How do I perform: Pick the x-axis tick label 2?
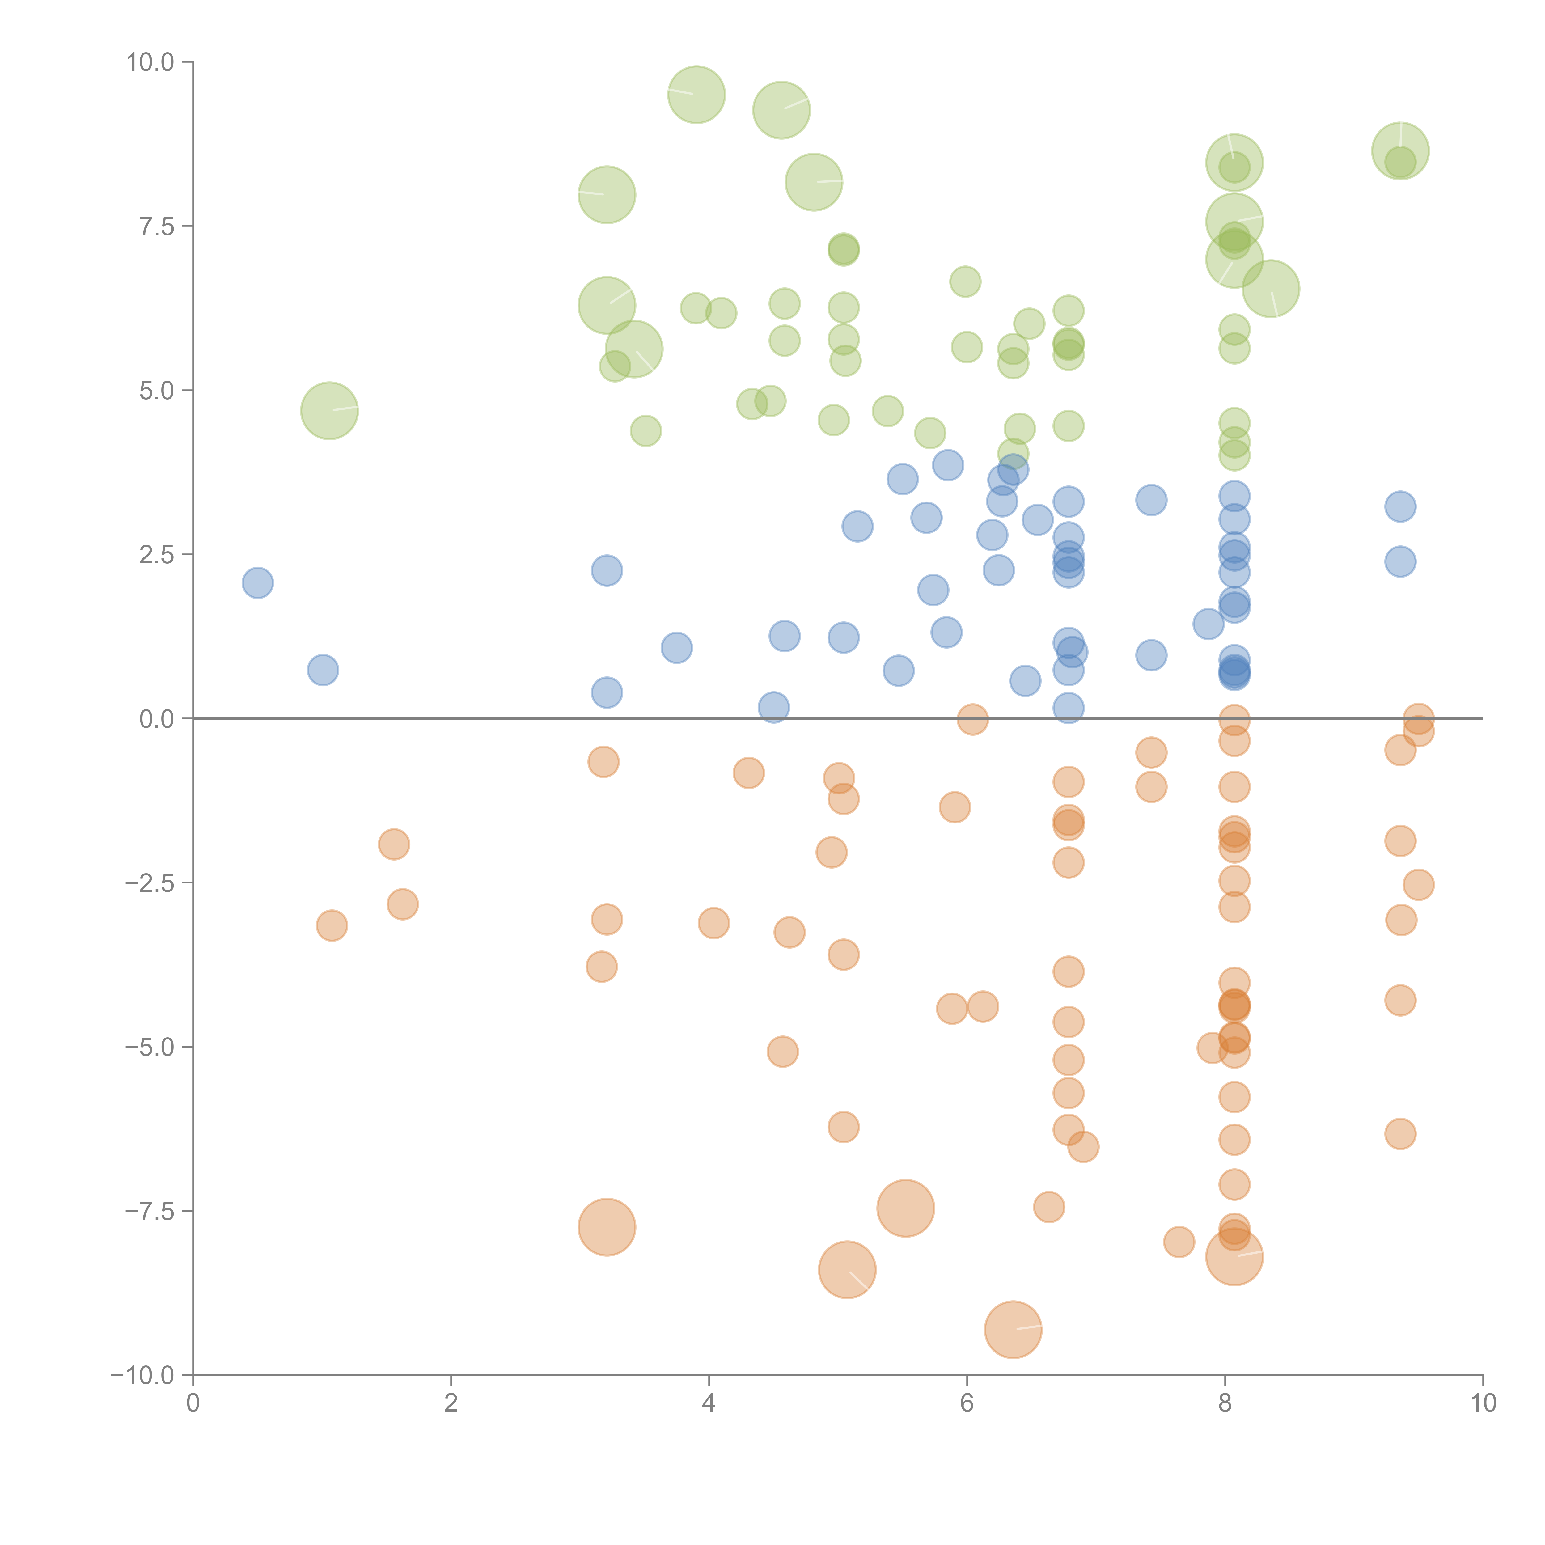[x=451, y=1403]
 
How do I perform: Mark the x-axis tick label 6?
[x=967, y=1403]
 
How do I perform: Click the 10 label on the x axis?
[x=1483, y=1403]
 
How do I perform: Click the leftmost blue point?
[x=257, y=583]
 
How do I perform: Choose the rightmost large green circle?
[x=1400, y=151]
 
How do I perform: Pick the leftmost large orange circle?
[x=607, y=1227]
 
